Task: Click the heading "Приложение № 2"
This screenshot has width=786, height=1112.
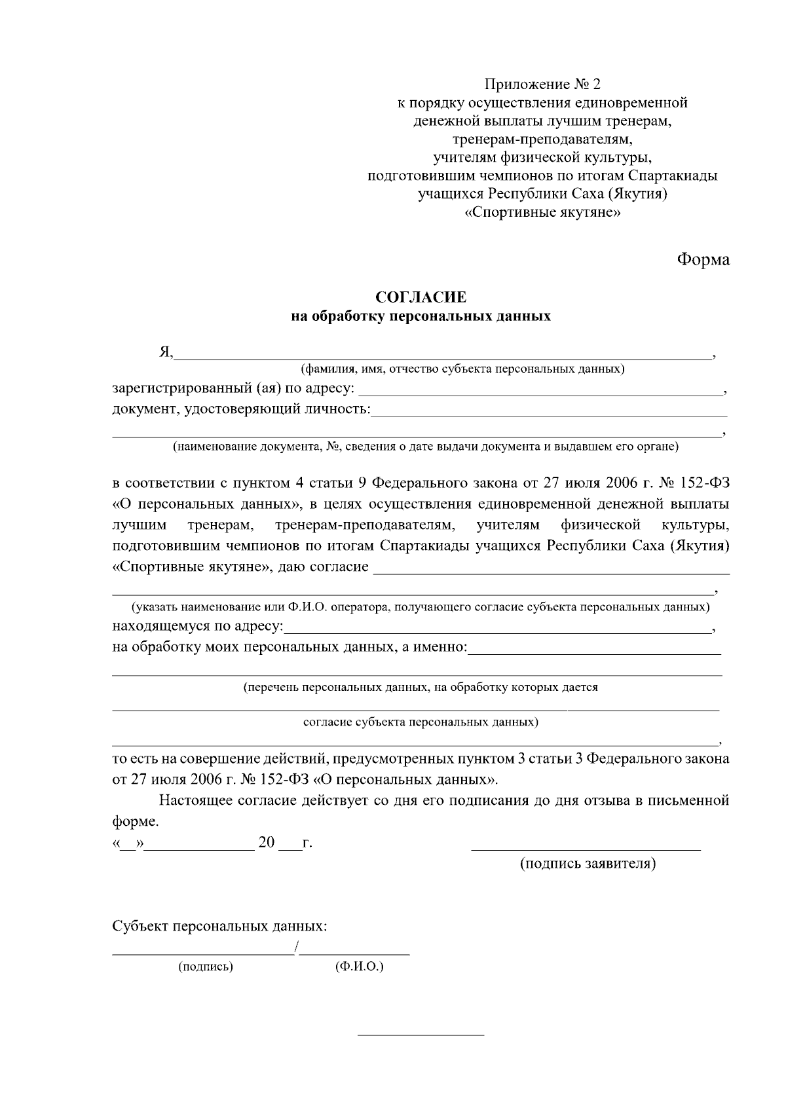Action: pyautogui.click(x=542, y=84)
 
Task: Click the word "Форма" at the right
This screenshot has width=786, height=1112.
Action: pyautogui.click(x=703, y=259)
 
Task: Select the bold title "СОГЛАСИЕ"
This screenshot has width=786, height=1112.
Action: pyautogui.click(x=421, y=297)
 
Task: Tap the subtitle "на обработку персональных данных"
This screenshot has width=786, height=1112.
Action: pyautogui.click(x=421, y=317)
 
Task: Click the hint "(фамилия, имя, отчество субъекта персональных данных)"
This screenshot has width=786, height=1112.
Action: pyautogui.click(x=462, y=369)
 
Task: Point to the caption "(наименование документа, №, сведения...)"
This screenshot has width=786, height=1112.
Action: pyautogui.click(x=425, y=447)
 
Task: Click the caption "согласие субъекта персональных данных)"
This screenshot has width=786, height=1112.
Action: pyautogui.click(x=421, y=722)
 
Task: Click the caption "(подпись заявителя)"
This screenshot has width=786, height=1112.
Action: pyautogui.click(x=588, y=864)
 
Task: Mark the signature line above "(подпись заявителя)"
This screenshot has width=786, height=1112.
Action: pyautogui.click(x=586, y=849)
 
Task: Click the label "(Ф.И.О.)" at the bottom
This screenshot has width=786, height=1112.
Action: pyautogui.click(x=359, y=967)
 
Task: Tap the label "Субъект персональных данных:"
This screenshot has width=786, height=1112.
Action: pyautogui.click(x=219, y=927)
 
